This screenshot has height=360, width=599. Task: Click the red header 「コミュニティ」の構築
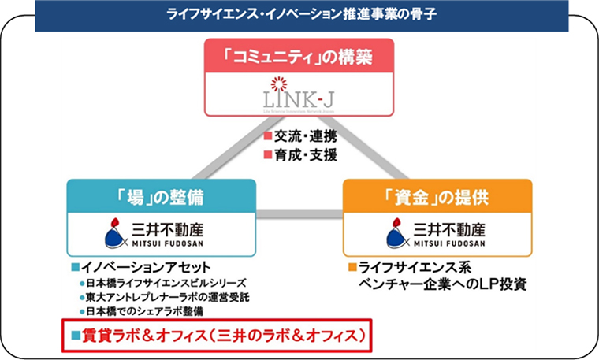tap(299, 57)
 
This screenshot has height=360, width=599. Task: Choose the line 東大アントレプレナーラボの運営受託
tap(167, 297)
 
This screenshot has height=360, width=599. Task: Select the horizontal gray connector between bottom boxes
tap(299, 213)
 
